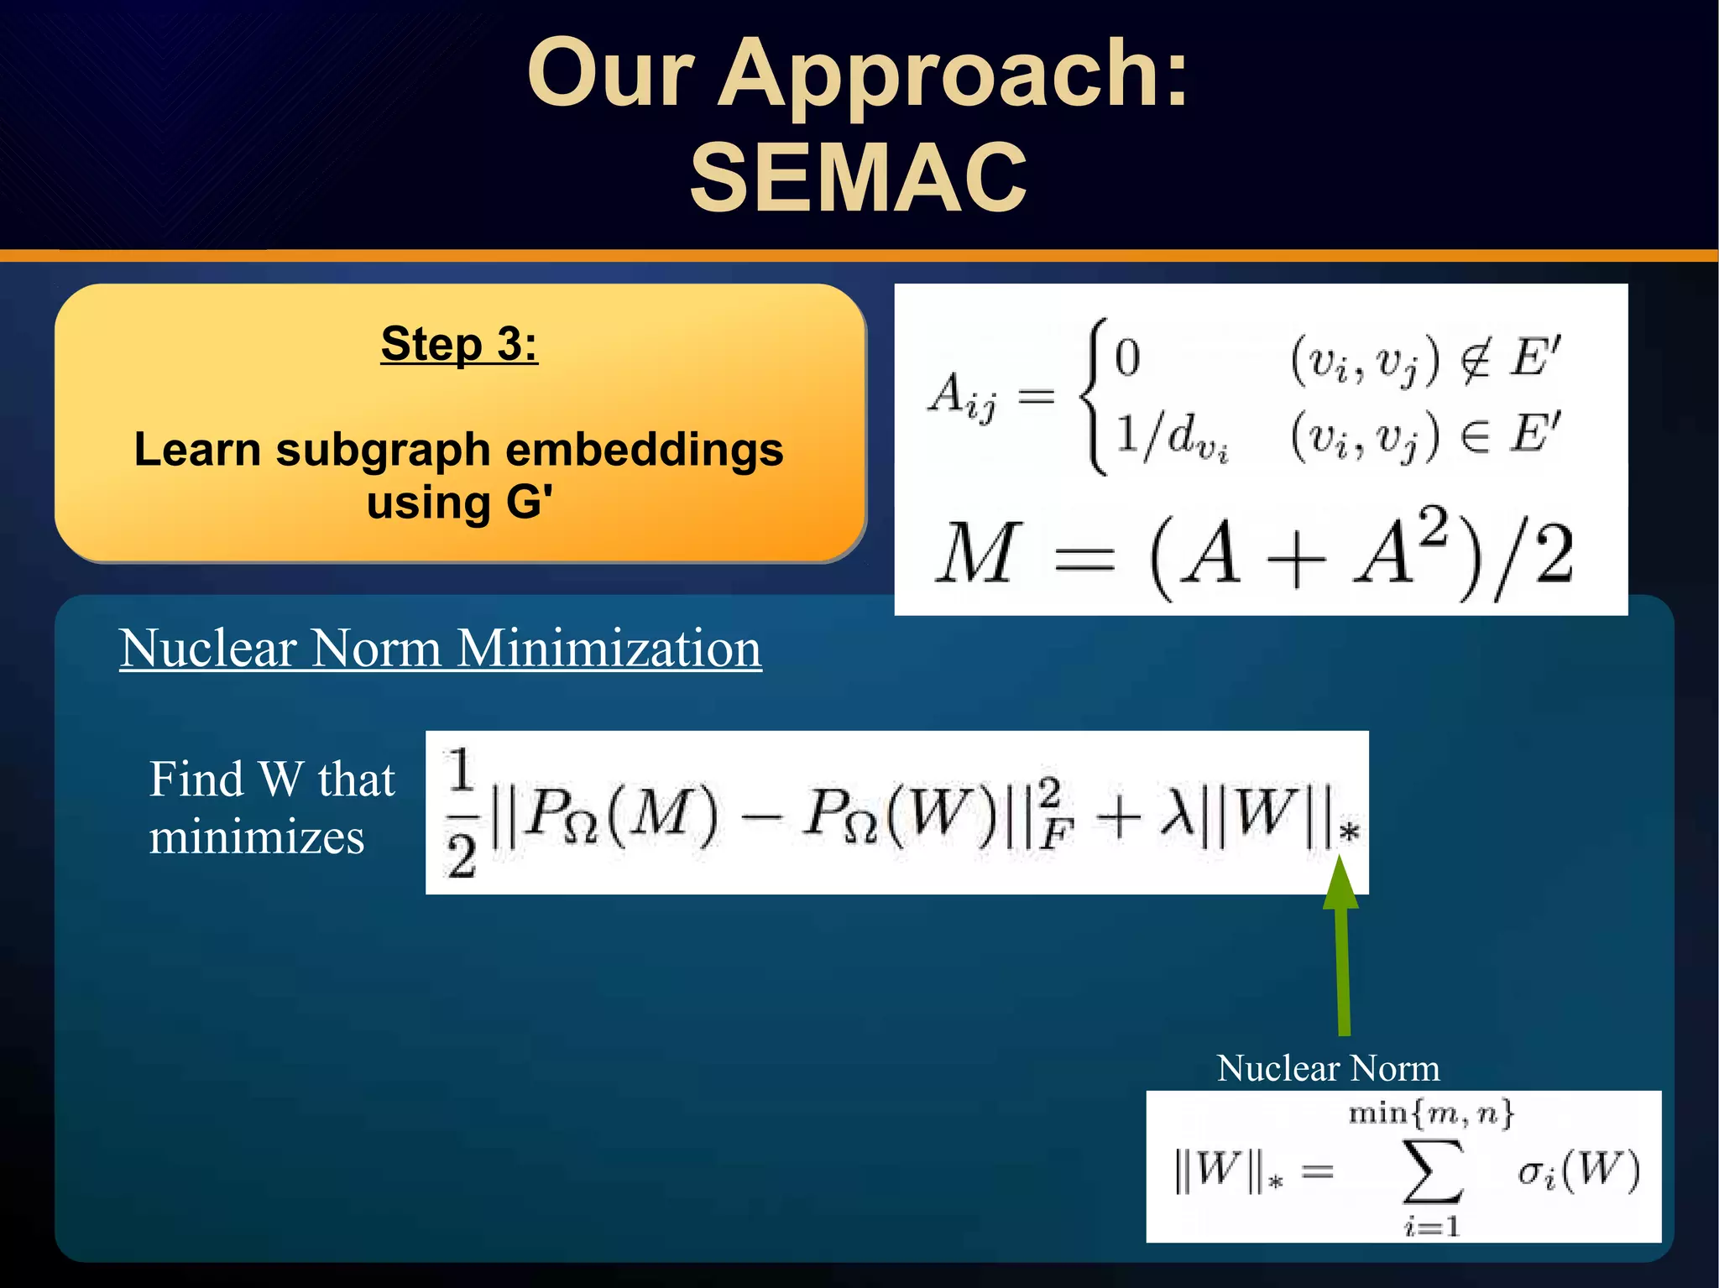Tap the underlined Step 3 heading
click(459, 343)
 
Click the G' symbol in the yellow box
click(529, 503)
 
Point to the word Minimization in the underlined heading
click(609, 649)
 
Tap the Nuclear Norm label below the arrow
click(1328, 1068)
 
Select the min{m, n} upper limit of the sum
click(1431, 1113)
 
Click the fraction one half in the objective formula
click(461, 813)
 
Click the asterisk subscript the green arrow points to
click(1349, 833)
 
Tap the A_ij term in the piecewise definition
click(962, 396)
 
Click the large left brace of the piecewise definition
click(1094, 396)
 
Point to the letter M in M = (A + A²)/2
click(977, 553)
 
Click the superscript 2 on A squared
click(1436, 527)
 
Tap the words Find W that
click(272, 780)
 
